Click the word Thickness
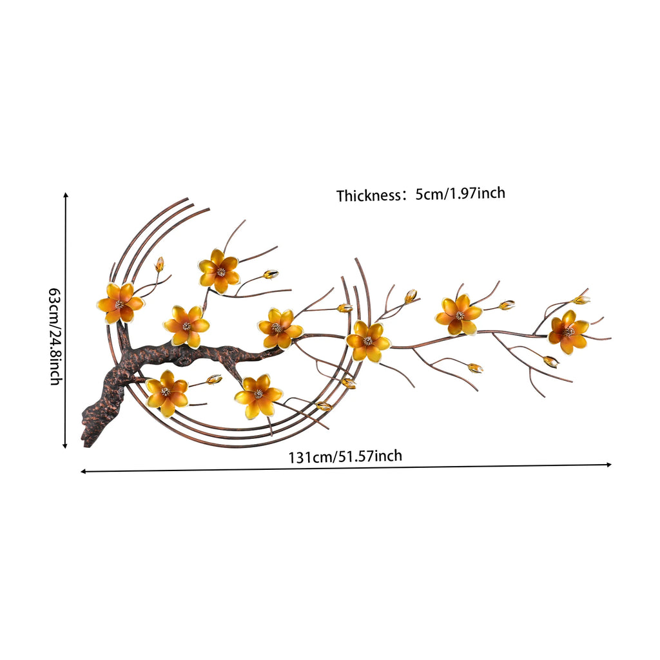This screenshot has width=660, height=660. [x=368, y=196]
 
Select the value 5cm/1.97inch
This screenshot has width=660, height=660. [x=460, y=193]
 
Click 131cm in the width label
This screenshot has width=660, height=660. [x=310, y=457]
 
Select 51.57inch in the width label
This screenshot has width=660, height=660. [x=370, y=456]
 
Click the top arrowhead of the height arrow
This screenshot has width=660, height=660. [x=66, y=195]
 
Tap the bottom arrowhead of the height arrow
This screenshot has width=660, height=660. [x=65, y=445]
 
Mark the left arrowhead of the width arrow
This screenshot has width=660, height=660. [x=83, y=471]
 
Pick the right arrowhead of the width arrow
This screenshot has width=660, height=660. [x=608, y=465]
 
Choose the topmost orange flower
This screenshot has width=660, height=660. [x=219, y=271]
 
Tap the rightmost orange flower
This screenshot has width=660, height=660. [x=568, y=332]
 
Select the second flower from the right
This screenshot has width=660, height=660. [x=458, y=315]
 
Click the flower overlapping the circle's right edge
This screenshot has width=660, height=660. [x=368, y=341]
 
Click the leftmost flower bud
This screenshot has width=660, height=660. [x=160, y=264]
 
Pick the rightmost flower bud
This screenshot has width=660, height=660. [x=581, y=300]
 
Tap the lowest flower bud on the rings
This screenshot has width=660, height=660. [x=324, y=406]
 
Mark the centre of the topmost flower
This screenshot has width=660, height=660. [x=220, y=272]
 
